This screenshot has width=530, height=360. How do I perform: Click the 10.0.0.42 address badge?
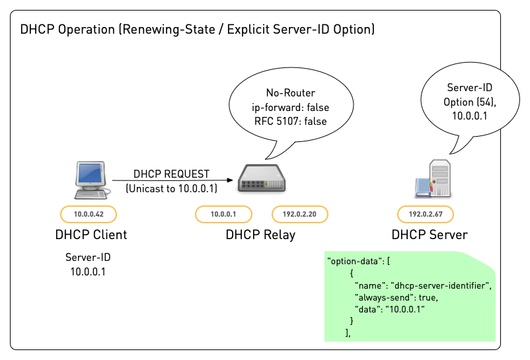88,214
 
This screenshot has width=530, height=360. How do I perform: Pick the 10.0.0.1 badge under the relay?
223,214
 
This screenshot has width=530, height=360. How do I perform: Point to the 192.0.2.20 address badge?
300,214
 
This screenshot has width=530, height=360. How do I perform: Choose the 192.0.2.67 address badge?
426,214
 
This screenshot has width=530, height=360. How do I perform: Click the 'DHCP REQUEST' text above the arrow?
171,174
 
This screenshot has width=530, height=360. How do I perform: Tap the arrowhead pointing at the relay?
229,180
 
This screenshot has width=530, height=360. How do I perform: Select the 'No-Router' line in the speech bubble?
291,92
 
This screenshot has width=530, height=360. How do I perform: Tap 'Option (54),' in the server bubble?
471,101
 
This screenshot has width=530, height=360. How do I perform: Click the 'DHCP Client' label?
91,234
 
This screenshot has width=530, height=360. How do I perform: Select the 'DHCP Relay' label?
260,234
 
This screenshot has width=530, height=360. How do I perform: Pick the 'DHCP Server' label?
430,234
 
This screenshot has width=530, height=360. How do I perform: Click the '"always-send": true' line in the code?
395,297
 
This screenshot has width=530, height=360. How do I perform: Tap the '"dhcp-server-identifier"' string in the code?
441,285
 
